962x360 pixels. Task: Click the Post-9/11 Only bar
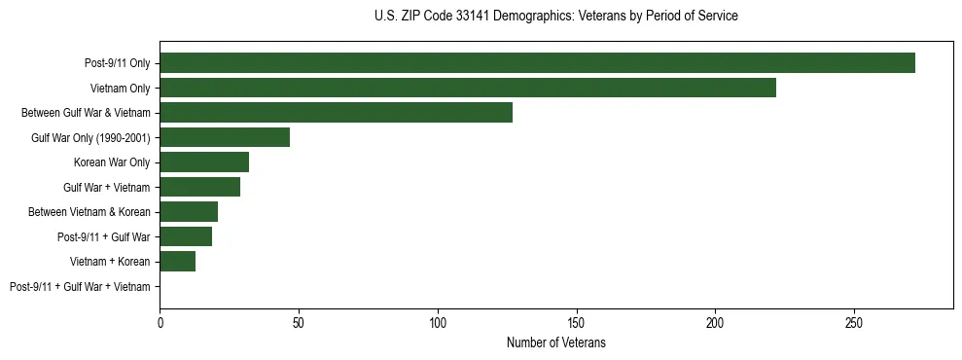coord(537,63)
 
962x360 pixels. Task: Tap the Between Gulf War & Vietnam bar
coord(336,113)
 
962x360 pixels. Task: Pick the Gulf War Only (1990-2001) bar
coord(225,137)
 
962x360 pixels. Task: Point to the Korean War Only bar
coord(204,162)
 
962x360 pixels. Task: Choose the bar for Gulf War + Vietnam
coord(200,187)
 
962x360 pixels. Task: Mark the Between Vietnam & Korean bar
coord(189,212)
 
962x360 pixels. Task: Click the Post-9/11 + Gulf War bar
coord(186,236)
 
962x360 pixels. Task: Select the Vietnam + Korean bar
coord(178,262)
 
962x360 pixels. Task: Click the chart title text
coord(555,17)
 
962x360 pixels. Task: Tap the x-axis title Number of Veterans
coord(555,342)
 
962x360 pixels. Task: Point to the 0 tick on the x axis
coord(160,321)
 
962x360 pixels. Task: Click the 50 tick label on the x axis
coord(299,321)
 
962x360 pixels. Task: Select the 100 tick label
coord(438,321)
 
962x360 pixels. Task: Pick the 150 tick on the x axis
coord(577,321)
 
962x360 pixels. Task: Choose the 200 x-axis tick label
coord(715,321)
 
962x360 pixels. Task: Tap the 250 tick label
coord(854,321)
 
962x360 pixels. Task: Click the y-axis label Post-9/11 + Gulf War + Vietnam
coord(80,287)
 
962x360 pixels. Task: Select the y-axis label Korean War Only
coord(112,162)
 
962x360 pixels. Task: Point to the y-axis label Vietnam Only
coord(120,89)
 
